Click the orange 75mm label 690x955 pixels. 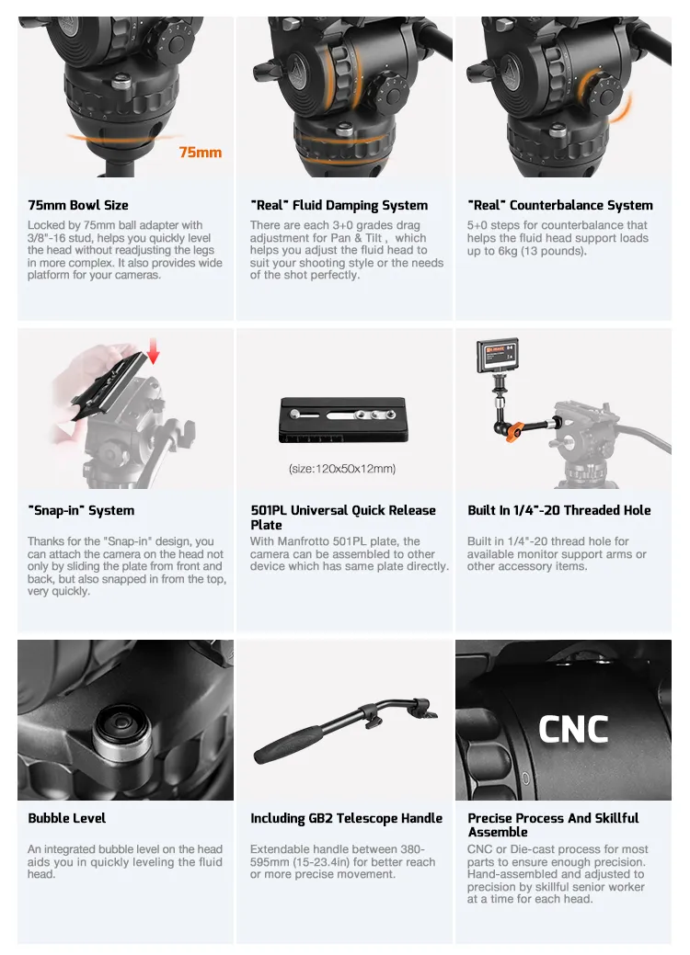click(x=200, y=153)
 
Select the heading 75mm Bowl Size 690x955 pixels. click(x=78, y=205)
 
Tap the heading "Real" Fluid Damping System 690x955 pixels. click(x=339, y=205)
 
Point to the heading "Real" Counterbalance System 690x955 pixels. click(x=560, y=205)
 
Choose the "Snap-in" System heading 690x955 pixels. click(x=81, y=510)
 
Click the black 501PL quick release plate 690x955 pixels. click(x=343, y=420)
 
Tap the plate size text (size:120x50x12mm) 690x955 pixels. click(x=342, y=469)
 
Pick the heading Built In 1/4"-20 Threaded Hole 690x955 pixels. click(x=559, y=510)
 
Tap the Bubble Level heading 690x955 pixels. click(x=67, y=818)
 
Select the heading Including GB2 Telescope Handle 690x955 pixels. click(x=346, y=819)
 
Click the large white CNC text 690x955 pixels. click(x=573, y=729)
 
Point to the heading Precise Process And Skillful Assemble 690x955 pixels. click(x=553, y=825)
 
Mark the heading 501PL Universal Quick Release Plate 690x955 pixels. click(x=343, y=517)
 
